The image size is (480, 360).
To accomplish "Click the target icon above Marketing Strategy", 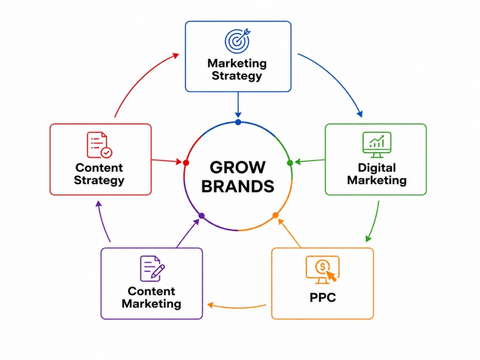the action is (238, 41).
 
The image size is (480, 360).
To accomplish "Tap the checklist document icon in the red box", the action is (99, 145).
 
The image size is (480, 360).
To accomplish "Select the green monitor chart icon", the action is (377, 144).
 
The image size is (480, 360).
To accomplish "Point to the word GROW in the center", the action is (238, 168).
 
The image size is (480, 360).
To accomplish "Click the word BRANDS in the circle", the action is (238, 186).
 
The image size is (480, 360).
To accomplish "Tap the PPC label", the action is (323, 297).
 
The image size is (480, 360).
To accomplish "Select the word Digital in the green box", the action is (377, 168).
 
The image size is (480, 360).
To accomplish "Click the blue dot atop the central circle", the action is (238, 122).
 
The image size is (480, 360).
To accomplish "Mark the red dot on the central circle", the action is (186, 163).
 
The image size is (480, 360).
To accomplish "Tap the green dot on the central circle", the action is (290, 163).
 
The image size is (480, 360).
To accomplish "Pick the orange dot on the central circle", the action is (275, 215).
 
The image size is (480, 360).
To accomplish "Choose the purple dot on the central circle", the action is (202, 216).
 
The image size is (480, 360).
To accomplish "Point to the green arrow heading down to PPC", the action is (375, 222).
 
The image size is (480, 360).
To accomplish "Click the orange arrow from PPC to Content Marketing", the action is (236, 307).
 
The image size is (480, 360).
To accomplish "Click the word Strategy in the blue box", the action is (237, 76).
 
